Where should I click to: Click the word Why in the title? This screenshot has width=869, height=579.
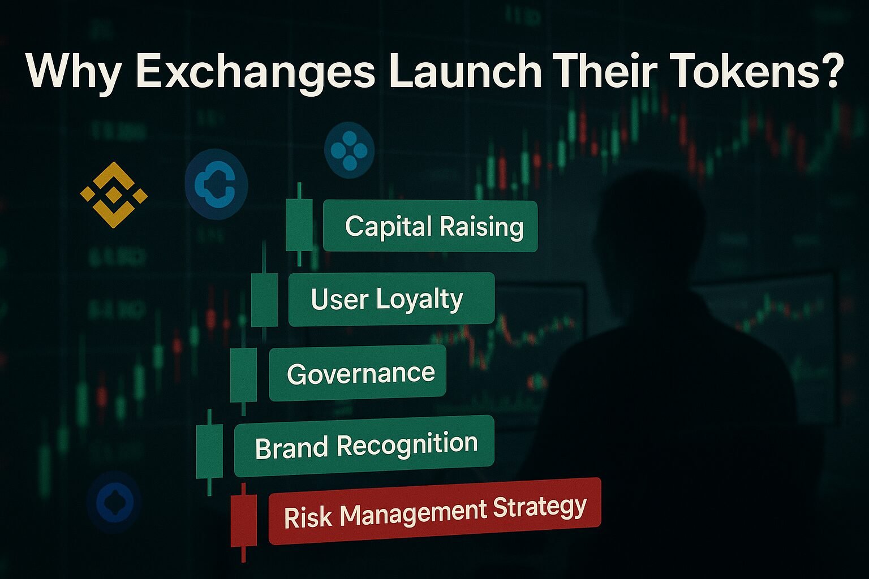(x=73, y=71)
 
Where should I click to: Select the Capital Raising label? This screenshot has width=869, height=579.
(x=430, y=226)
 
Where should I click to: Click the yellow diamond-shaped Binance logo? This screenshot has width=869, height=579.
(x=114, y=195)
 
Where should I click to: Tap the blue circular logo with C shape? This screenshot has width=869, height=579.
(x=216, y=184)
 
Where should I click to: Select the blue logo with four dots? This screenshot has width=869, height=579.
(x=349, y=150)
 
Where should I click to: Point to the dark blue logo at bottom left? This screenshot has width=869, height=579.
(x=114, y=502)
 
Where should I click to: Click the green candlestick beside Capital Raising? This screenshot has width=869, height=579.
(x=299, y=224)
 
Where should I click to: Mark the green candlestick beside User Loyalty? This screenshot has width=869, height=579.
(x=264, y=300)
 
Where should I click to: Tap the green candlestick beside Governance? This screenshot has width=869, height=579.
(x=243, y=375)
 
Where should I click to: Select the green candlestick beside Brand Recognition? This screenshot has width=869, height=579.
(x=209, y=451)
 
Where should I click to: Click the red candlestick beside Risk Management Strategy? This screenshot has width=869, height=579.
(x=243, y=520)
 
